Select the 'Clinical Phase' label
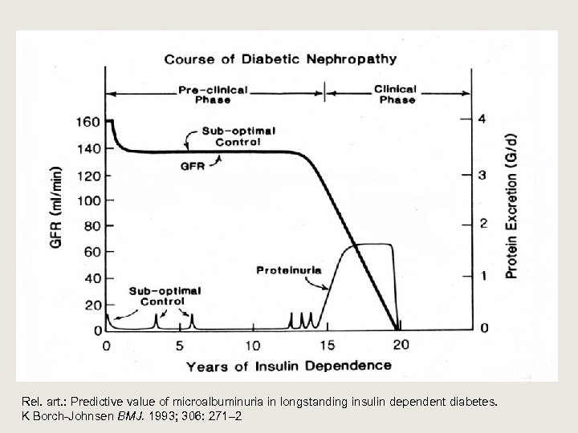396,94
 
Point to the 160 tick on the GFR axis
88,122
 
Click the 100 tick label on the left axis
88,200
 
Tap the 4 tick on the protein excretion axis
482,119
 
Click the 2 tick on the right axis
482,223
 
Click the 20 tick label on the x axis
400,346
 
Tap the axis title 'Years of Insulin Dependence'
289,366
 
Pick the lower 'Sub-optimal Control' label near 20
165,296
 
